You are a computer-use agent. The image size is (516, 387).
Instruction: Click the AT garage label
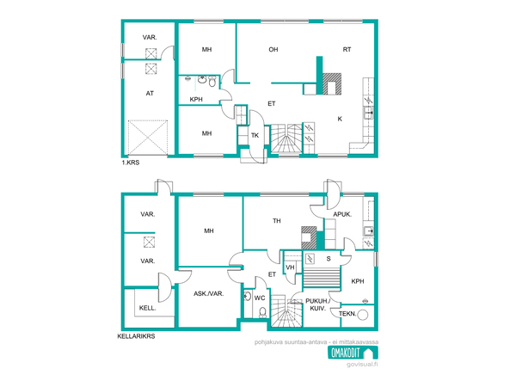pyautogui.click(x=150, y=94)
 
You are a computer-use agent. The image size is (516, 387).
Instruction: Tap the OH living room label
pyautogui.click(x=273, y=50)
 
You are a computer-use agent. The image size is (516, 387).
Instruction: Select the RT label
pyautogui.click(x=347, y=50)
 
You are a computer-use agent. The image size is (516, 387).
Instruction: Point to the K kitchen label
pyautogui.click(x=340, y=119)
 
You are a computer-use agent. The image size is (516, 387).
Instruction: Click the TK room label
pyautogui.click(x=255, y=135)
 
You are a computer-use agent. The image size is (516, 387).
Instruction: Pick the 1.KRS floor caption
pyautogui.click(x=131, y=163)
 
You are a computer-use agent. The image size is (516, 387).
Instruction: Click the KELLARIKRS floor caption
pyautogui.click(x=136, y=336)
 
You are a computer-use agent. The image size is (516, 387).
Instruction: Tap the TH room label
pyautogui.click(x=276, y=221)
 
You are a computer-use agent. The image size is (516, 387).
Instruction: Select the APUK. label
pyautogui.click(x=342, y=214)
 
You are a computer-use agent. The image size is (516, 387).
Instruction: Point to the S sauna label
pyautogui.click(x=329, y=259)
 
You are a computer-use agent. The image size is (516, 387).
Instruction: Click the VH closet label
pyautogui.click(x=290, y=267)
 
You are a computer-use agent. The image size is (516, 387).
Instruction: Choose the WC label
pyautogui.click(x=260, y=298)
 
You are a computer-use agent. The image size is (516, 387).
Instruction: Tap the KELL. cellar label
pyautogui.click(x=147, y=308)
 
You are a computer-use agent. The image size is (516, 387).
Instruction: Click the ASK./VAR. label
pyautogui.click(x=209, y=293)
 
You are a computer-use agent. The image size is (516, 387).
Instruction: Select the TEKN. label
pyautogui.click(x=347, y=314)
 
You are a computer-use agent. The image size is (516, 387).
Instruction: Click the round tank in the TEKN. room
pyautogui.click(x=363, y=315)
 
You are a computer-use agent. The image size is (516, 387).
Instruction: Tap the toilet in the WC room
pyautogui.click(x=262, y=312)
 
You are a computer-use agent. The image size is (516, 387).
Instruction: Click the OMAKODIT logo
pyautogui.click(x=353, y=353)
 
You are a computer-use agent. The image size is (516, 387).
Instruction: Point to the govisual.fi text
pyautogui.click(x=362, y=365)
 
